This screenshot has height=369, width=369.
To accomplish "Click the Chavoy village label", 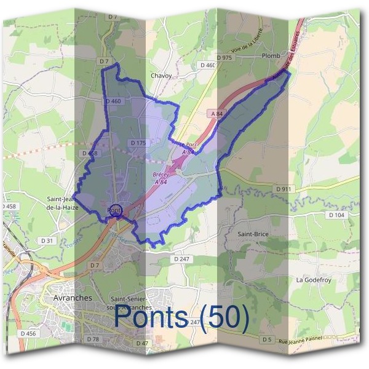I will pos(161,76).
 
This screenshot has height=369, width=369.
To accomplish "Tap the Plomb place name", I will pos(271,56).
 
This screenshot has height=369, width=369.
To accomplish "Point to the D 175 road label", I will pos(138,143).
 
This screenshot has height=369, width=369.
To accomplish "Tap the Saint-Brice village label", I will pos(253,234).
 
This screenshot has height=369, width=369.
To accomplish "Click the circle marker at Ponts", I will pos(116,210).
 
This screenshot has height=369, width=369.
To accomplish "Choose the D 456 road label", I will pos(28,333).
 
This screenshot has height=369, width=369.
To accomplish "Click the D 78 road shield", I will pos(93,339).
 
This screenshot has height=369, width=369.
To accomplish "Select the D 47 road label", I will pos(142,343).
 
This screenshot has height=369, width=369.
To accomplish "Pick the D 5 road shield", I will pos(266,339).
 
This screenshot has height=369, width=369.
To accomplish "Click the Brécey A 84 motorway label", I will pos(161,178).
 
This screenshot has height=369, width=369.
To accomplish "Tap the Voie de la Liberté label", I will pos(248,40).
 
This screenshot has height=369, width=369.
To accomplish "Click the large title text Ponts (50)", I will pos(182,317).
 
